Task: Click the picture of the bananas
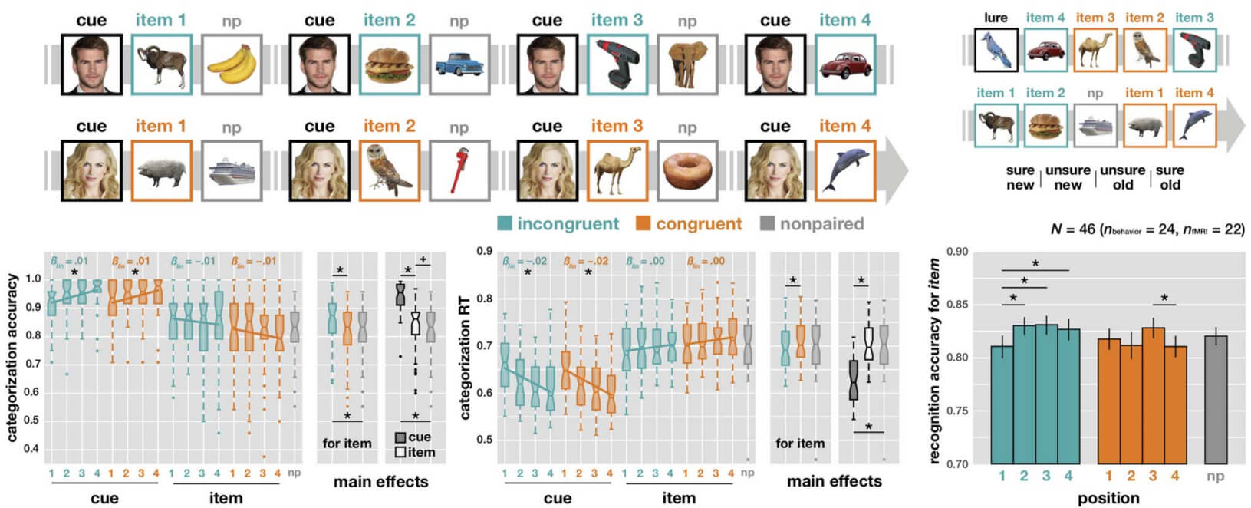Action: pos(232,64)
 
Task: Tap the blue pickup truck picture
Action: pos(459,64)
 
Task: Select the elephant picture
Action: pos(687,64)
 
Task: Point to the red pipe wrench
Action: pos(459,170)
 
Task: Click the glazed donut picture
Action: pos(687,170)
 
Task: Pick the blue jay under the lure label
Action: pos(996,51)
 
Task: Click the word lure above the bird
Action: pos(996,18)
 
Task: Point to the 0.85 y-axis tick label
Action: pos(957,305)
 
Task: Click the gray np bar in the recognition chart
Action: pos(1215,399)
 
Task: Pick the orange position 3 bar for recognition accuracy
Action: pos(1153,395)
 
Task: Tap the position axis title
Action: pos(1108,498)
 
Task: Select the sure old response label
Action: pos(1169,177)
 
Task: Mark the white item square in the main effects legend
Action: pos(400,453)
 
